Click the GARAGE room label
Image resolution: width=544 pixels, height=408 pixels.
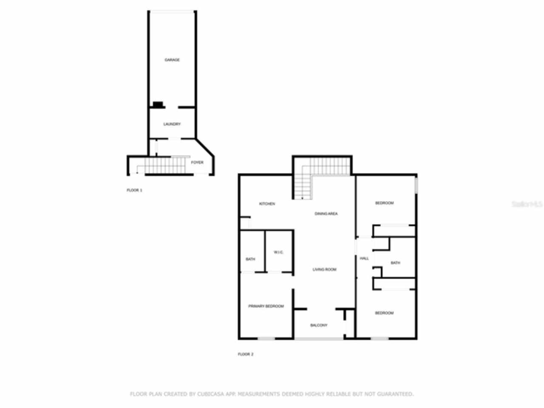pyautogui.click(x=172, y=60)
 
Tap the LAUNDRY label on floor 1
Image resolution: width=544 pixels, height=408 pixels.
pyautogui.click(x=172, y=124)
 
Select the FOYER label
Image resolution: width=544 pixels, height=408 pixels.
pyautogui.click(x=197, y=162)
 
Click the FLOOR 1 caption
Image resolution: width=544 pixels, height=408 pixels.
pyautogui.click(x=134, y=190)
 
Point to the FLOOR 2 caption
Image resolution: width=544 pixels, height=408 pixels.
pyautogui.click(x=245, y=354)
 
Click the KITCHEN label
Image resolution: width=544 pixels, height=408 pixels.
pyautogui.click(x=267, y=204)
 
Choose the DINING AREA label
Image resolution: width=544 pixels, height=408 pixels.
pyautogui.click(x=326, y=214)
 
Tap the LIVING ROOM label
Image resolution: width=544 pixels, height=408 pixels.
pyautogui.click(x=324, y=269)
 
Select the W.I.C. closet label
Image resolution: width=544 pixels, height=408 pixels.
pyautogui.click(x=278, y=252)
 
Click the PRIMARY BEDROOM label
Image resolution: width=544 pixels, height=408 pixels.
pyautogui.click(x=266, y=306)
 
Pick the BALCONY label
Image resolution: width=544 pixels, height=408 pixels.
pyautogui.click(x=319, y=325)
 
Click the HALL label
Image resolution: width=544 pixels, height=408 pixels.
pyautogui.click(x=364, y=258)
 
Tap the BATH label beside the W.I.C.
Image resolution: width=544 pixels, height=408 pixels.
pyautogui.click(x=250, y=259)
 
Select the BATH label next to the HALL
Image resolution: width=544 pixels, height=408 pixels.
pyautogui.click(x=395, y=263)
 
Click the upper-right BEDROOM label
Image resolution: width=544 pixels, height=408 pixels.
pyautogui.click(x=384, y=203)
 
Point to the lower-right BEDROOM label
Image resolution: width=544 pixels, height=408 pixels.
pyautogui.click(x=384, y=313)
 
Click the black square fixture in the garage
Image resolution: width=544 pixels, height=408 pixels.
pyautogui.click(x=158, y=104)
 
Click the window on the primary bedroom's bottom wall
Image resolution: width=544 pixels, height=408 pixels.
pyautogui.click(x=266, y=338)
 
